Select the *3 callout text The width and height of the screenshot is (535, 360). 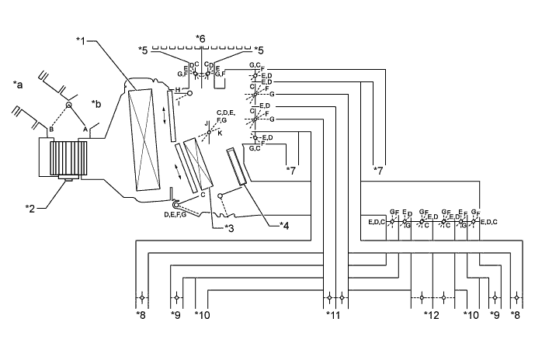point(228,227)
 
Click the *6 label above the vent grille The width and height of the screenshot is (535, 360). point(201,38)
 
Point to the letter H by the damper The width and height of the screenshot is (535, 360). point(178,90)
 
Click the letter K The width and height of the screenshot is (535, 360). point(220,133)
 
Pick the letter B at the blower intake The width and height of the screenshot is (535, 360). point(51,129)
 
